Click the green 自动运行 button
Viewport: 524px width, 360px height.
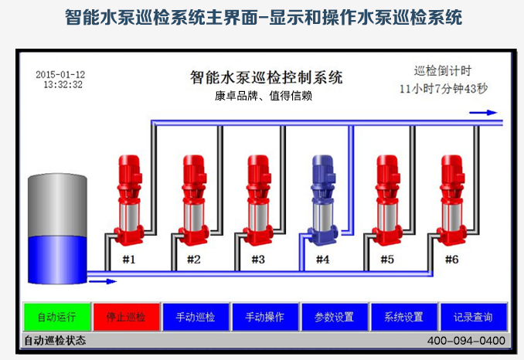point(56,317)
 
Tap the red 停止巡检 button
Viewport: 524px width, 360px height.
point(125,317)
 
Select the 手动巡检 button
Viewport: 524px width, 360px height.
point(196,317)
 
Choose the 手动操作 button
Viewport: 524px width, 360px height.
point(264,317)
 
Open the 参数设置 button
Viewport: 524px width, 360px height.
point(334,317)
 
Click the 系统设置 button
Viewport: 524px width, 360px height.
point(403,317)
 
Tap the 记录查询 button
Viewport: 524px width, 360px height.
point(473,317)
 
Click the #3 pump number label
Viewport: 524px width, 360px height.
point(257,260)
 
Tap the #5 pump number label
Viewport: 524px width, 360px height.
point(387,260)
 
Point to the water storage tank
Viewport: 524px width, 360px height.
point(57,229)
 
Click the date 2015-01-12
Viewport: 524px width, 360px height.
point(60,74)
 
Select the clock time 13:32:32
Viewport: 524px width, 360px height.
point(63,85)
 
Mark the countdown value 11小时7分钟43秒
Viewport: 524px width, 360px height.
point(444,89)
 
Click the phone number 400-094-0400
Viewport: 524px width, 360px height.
point(466,341)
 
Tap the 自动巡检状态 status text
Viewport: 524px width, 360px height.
point(55,341)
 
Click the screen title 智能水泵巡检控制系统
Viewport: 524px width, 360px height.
point(266,77)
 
